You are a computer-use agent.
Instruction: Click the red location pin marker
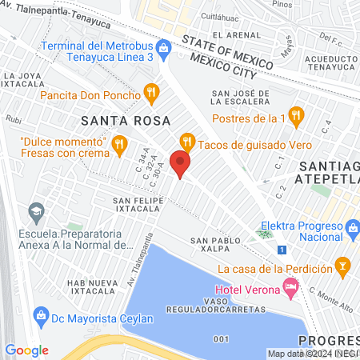182,165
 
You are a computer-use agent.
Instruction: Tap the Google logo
26,350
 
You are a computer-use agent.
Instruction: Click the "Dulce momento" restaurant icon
119,144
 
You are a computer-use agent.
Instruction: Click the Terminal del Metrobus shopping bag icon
163,48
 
